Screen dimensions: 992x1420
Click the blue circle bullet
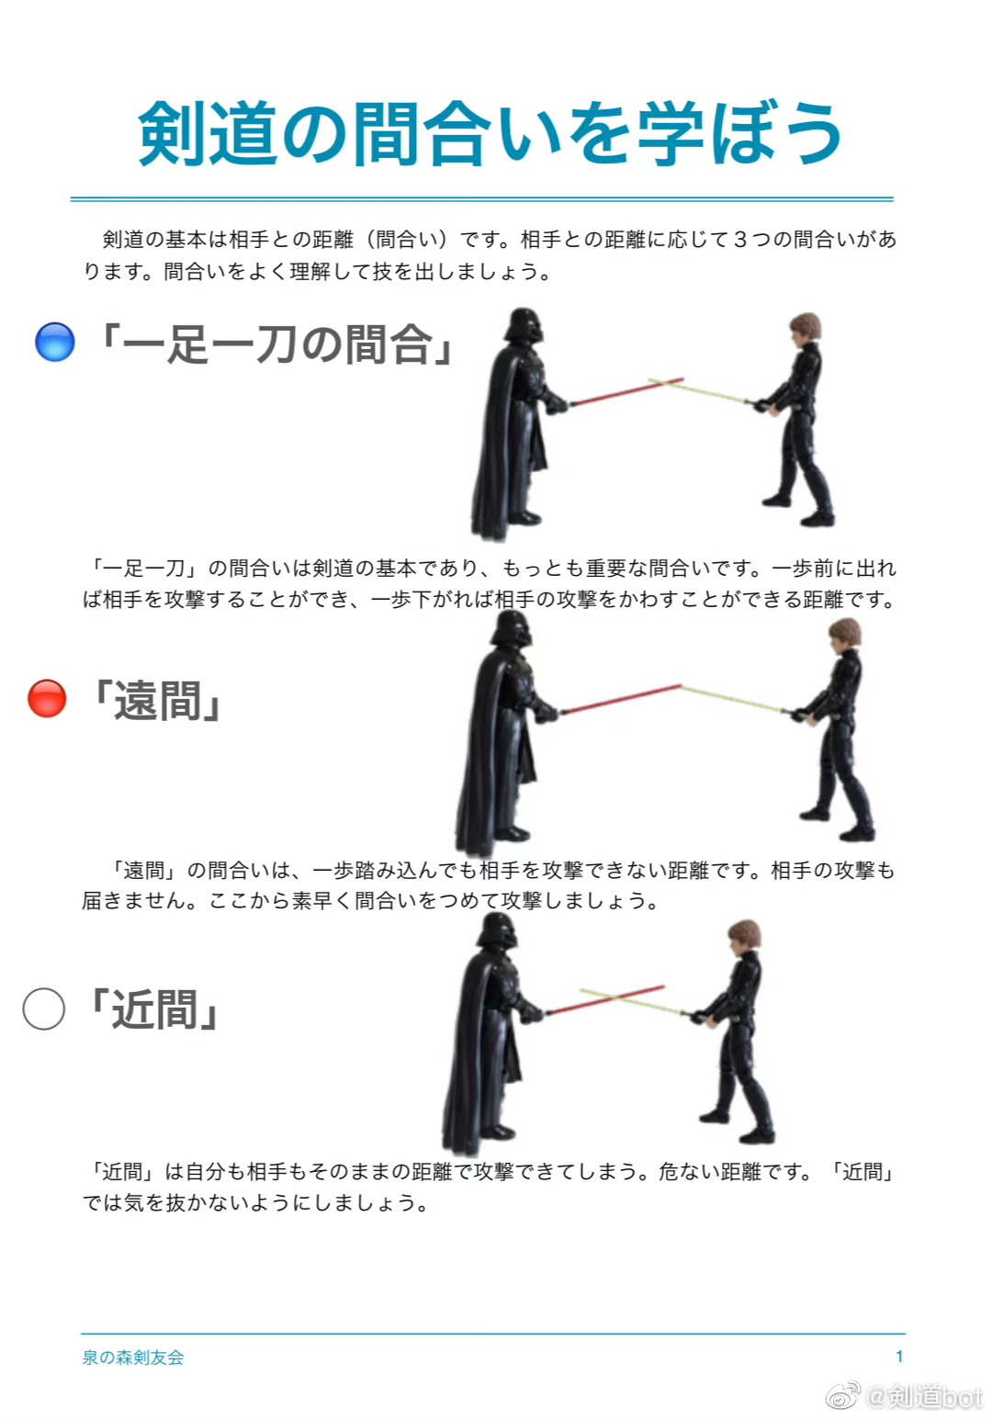[55, 342]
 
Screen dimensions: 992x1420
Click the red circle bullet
[47, 699]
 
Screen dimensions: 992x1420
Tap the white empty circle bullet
[44, 1009]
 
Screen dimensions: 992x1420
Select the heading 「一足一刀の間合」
[276, 344]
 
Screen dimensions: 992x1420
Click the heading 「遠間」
[155, 701]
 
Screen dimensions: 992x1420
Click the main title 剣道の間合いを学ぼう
[490, 134]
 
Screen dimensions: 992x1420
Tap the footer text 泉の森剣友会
[133, 1358]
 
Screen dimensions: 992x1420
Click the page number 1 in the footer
[899, 1357]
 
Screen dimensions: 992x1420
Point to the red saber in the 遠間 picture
[621, 699]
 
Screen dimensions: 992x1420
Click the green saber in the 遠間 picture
[733, 699]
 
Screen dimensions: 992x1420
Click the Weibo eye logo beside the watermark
[843, 1395]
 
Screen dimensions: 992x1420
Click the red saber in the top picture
[626, 391]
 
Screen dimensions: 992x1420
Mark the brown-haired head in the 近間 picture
[744, 937]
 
